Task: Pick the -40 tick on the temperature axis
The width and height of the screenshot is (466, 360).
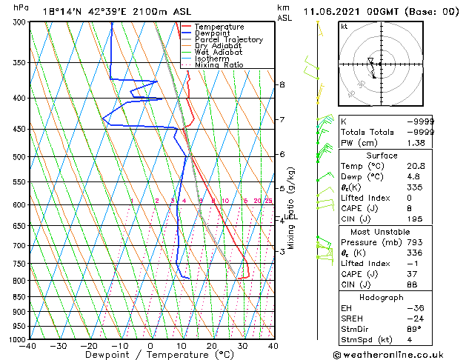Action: click(30, 346)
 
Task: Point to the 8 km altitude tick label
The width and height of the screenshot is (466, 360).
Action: click(282, 84)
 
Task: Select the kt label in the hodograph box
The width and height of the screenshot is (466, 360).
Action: click(344, 26)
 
